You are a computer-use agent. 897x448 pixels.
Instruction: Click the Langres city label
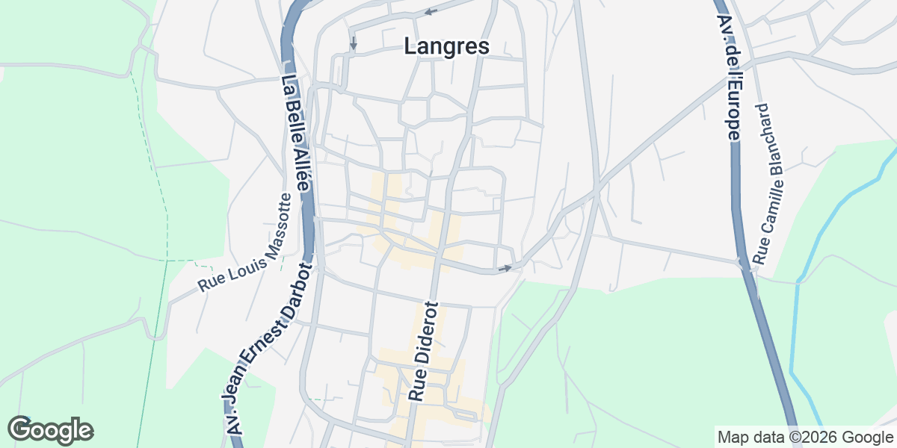[x=446, y=46]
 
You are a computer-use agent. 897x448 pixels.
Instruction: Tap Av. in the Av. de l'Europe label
[x=722, y=30]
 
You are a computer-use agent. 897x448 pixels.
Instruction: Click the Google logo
[x=50, y=430]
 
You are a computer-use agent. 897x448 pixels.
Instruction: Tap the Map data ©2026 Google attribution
[x=805, y=437]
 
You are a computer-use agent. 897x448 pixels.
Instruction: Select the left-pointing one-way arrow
[x=431, y=11]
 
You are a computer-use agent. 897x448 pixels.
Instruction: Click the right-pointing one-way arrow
[x=505, y=268]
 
